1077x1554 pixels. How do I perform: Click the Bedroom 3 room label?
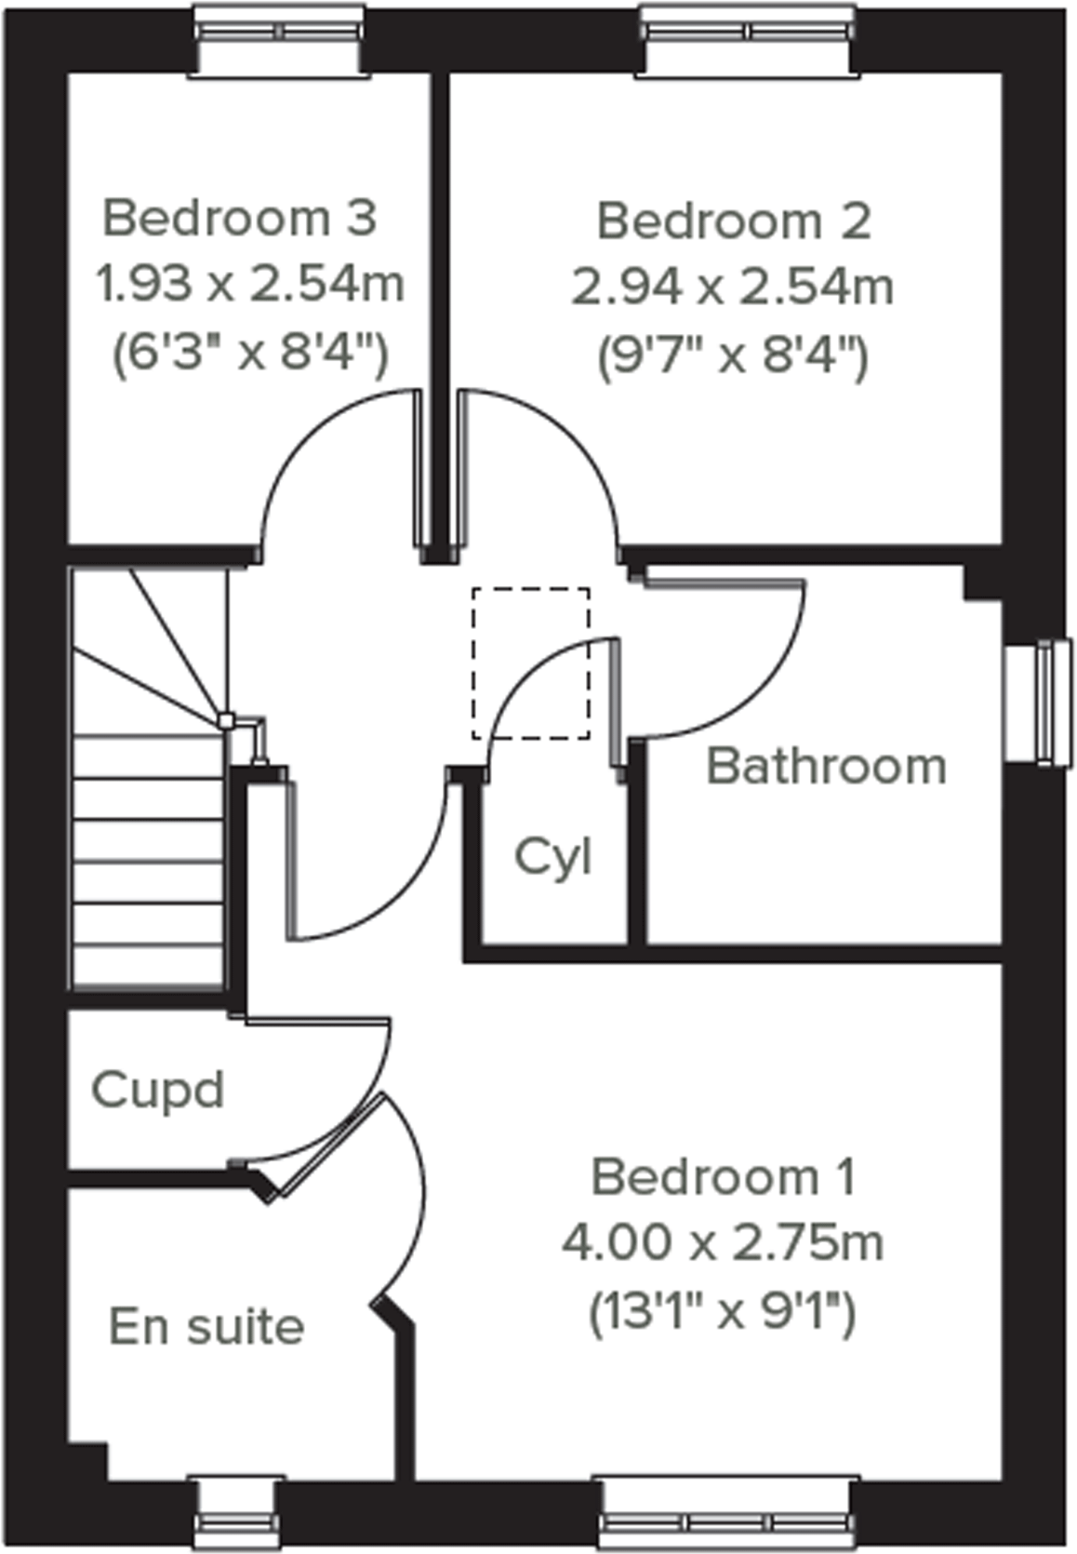(x=240, y=218)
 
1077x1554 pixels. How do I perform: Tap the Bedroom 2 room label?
(x=734, y=221)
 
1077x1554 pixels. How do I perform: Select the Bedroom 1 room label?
(x=723, y=1177)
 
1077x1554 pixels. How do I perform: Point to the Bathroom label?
(x=826, y=767)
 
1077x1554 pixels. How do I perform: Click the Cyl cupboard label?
(x=552, y=856)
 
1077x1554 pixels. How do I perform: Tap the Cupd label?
(x=158, y=1089)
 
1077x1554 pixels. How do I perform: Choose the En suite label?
(x=206, y=1326)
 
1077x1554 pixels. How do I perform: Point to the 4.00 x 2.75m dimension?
(x=723, y=1242)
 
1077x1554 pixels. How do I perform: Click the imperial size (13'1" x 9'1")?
(x=723, y=1313)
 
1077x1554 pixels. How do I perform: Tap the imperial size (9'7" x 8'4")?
(x=733, y=355)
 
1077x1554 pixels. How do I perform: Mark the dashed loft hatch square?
(x=530, y=663)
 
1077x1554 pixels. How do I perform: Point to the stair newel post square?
(x=225, y=719)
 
